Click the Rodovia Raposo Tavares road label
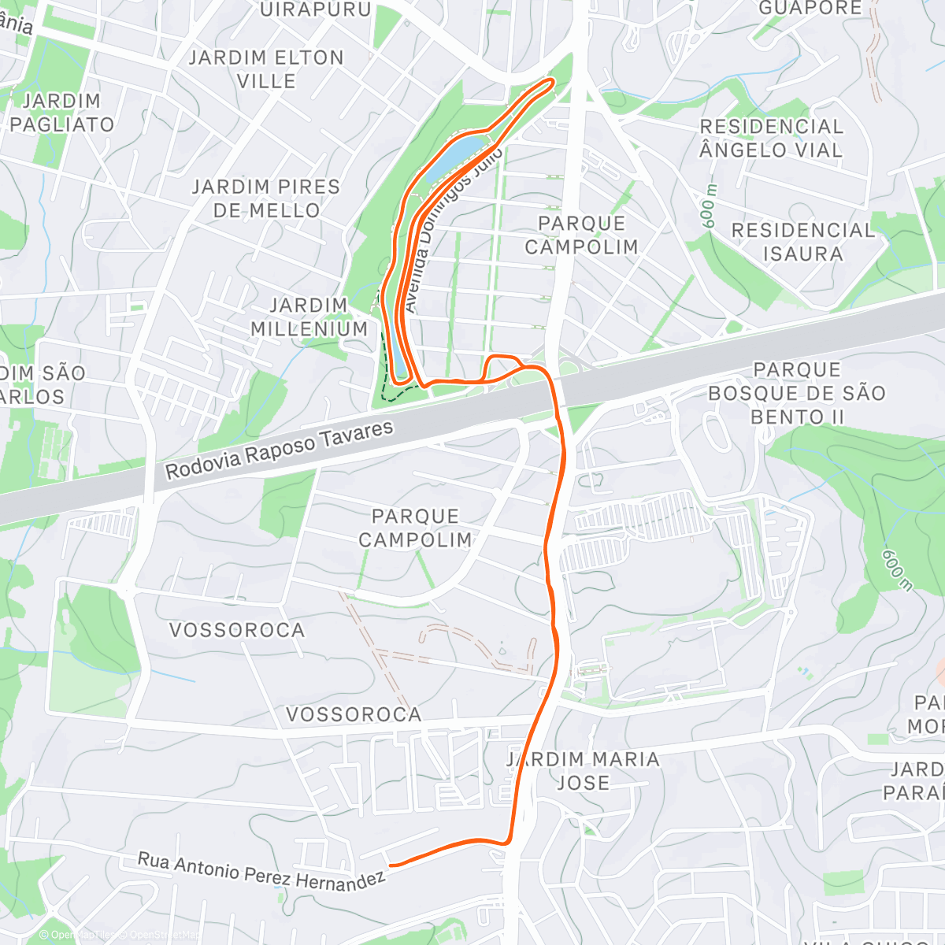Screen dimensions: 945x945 [x=279, y=450]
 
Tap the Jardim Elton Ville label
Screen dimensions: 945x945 [x=266, y=69]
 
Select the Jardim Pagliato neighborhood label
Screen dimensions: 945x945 [x=61, y=113]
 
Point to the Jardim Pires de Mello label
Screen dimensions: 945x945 [x=266, y=198]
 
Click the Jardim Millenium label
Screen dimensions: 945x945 [x=309, y=317]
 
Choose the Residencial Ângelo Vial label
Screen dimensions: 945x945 [x=771, y=138]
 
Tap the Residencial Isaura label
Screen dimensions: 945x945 [x=802, y=242]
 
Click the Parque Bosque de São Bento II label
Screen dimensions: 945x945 [x=796, y=393]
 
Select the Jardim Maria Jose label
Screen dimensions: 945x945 [x=583, y=771]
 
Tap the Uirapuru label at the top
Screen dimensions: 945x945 [x=315, y=9]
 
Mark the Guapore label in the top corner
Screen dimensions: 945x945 [x=810, y=8]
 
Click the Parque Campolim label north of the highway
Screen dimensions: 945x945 [x=581, y=235]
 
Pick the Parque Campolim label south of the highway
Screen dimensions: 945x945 [x=415, y=528]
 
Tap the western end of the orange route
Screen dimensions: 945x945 [x=391, y=865]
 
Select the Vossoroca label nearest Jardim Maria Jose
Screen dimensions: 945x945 [x=354, y=714]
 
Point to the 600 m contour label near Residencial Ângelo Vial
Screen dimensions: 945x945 [x=710, y=206]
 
